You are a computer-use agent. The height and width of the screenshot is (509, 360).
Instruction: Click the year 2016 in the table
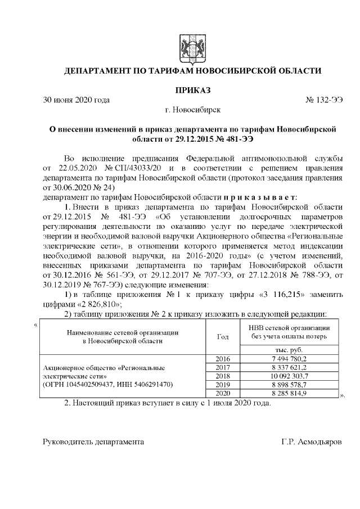[223, 358]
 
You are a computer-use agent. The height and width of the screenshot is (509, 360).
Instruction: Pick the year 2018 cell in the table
[223, 376]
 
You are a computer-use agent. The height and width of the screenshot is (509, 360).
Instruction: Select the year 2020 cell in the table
[223, 393]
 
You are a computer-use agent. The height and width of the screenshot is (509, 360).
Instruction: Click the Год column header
[223, 336]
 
